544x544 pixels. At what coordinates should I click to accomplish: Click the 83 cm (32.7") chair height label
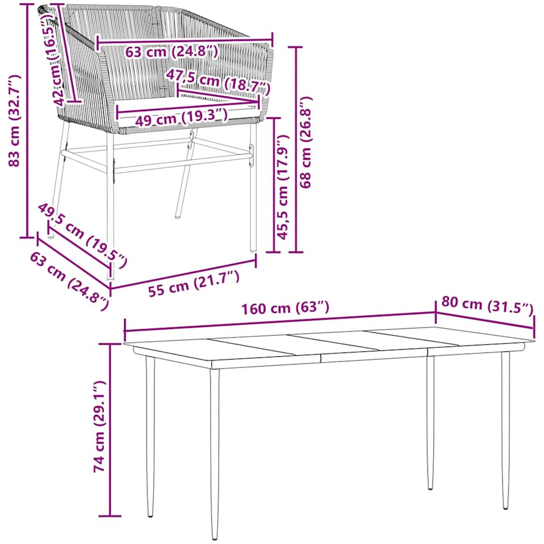point(15,120)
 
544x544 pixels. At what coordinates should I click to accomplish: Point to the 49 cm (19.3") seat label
point(181,117)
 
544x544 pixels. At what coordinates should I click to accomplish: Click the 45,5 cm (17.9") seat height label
point(283,187)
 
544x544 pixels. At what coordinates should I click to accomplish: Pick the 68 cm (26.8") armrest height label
point(305,142)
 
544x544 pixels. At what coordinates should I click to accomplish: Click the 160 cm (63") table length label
point(285,308)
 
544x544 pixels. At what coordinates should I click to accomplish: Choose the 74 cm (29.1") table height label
point(100,426)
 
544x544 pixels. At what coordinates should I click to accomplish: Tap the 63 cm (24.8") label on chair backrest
point(172,51)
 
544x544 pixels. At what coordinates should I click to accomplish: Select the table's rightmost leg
point(506,430)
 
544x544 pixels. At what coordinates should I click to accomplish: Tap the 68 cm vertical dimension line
point(297,149)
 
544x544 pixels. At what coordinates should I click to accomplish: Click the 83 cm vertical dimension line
point(27,120)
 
